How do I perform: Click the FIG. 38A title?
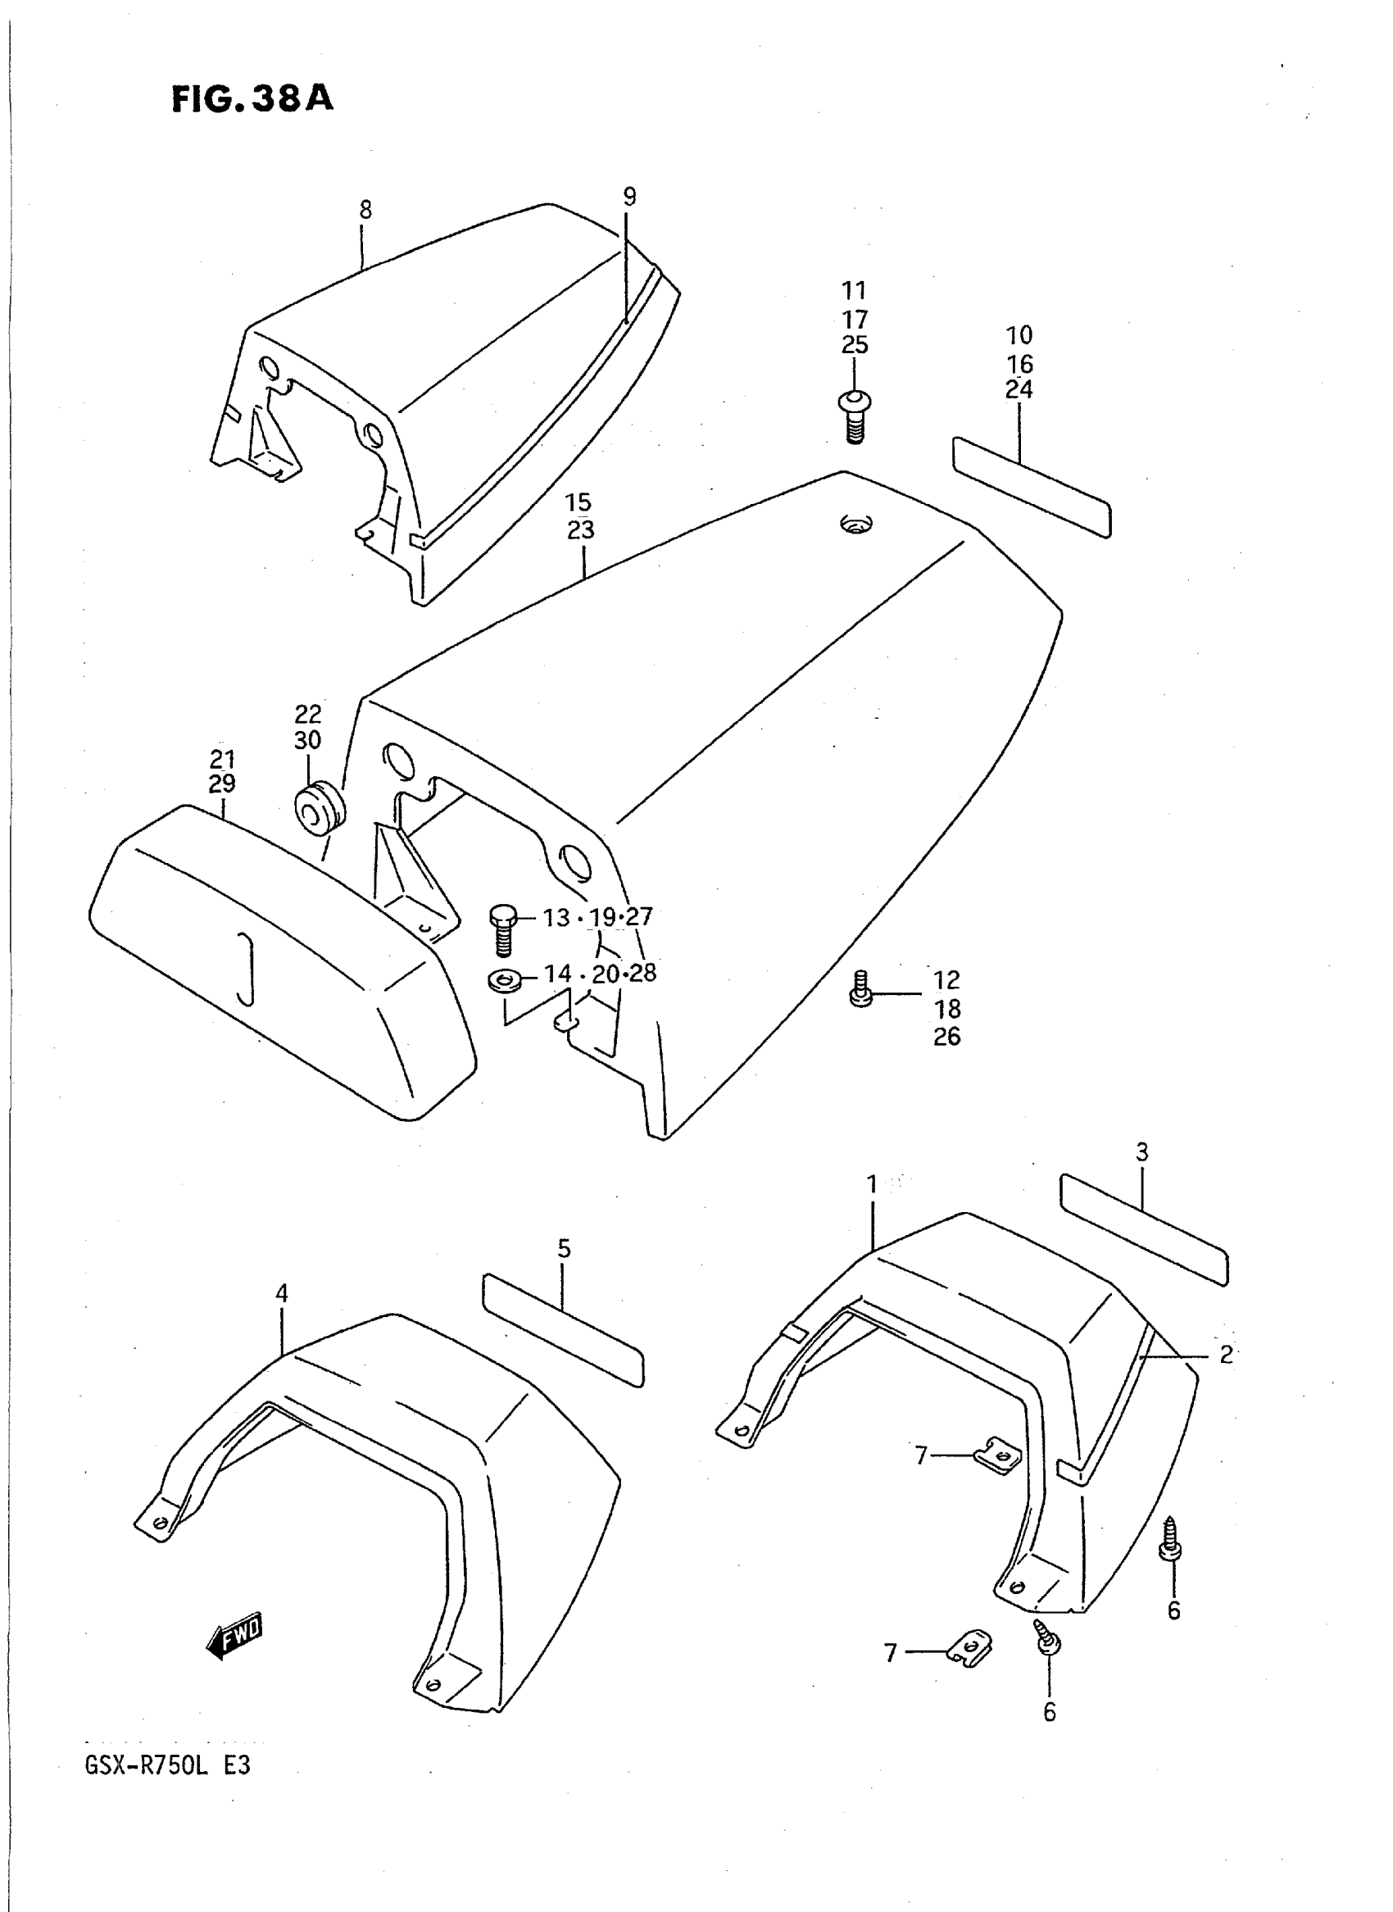click(252, 98)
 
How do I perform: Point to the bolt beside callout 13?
click(502, 929)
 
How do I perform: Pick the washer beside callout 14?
click(503, 980)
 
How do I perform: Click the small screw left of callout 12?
click(860, 988)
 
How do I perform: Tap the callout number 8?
click(365, 210)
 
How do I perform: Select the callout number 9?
click(629, 198)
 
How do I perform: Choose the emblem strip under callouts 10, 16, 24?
click(1032, 487)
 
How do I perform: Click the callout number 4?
click(282, 1294)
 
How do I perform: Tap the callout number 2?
click(1226, 1354)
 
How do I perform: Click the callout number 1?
click(872, 1184)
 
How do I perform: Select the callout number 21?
click(223, 758)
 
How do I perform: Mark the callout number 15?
click(579, 502)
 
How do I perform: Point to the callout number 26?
click(947, 1037)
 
